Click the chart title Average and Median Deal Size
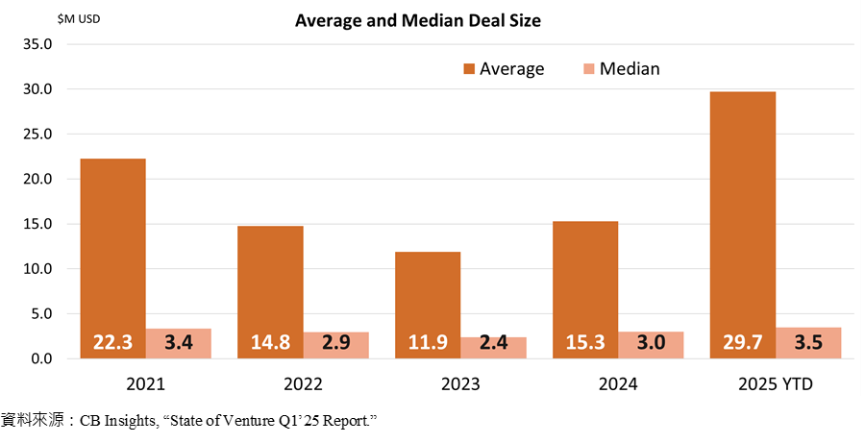point(418,21)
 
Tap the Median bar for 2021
point(178,343)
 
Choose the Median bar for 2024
point(651,344)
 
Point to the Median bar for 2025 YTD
point(808,342)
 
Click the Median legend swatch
point(588,68)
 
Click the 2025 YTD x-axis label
point(776,383)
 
